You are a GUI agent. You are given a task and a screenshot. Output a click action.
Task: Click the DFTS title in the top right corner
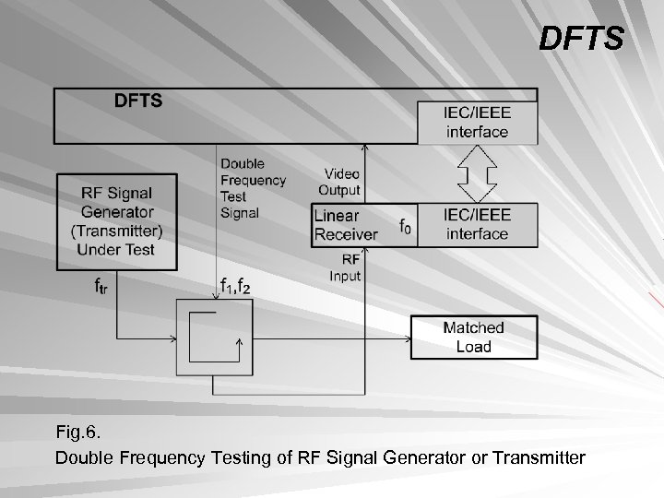coord(581,40)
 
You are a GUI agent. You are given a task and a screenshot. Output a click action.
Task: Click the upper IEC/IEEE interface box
coord(477,123)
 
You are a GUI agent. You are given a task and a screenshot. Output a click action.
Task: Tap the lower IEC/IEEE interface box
coord(477,224)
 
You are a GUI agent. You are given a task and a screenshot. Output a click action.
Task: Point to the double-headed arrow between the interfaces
coord(477,173)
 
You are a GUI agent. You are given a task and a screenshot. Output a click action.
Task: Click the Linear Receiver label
coord(346,224)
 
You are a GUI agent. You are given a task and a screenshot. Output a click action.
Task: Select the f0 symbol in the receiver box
coord(405,225)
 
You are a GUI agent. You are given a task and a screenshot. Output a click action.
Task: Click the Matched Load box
coord(473,338)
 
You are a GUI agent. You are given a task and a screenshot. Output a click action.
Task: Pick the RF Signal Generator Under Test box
coord(117,221)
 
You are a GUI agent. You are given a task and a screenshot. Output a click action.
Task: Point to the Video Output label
coord(339,182)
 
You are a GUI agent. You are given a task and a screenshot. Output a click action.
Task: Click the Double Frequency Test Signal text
coord(253,188)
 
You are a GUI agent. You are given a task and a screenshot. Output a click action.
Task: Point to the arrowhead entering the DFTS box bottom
coord(366,148)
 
